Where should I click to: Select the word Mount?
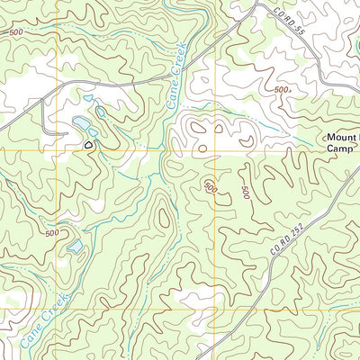pos(341,138)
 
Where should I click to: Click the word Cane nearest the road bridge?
pos(172,100)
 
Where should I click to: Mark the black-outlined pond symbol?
pos(88,143)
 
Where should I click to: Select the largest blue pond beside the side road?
pos(80,121)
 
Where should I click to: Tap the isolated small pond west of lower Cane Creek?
pos(76,244)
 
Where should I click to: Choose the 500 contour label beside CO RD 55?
pos(283,90)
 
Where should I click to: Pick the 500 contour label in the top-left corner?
pos(15,33)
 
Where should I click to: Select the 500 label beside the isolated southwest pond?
pos(52,234)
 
